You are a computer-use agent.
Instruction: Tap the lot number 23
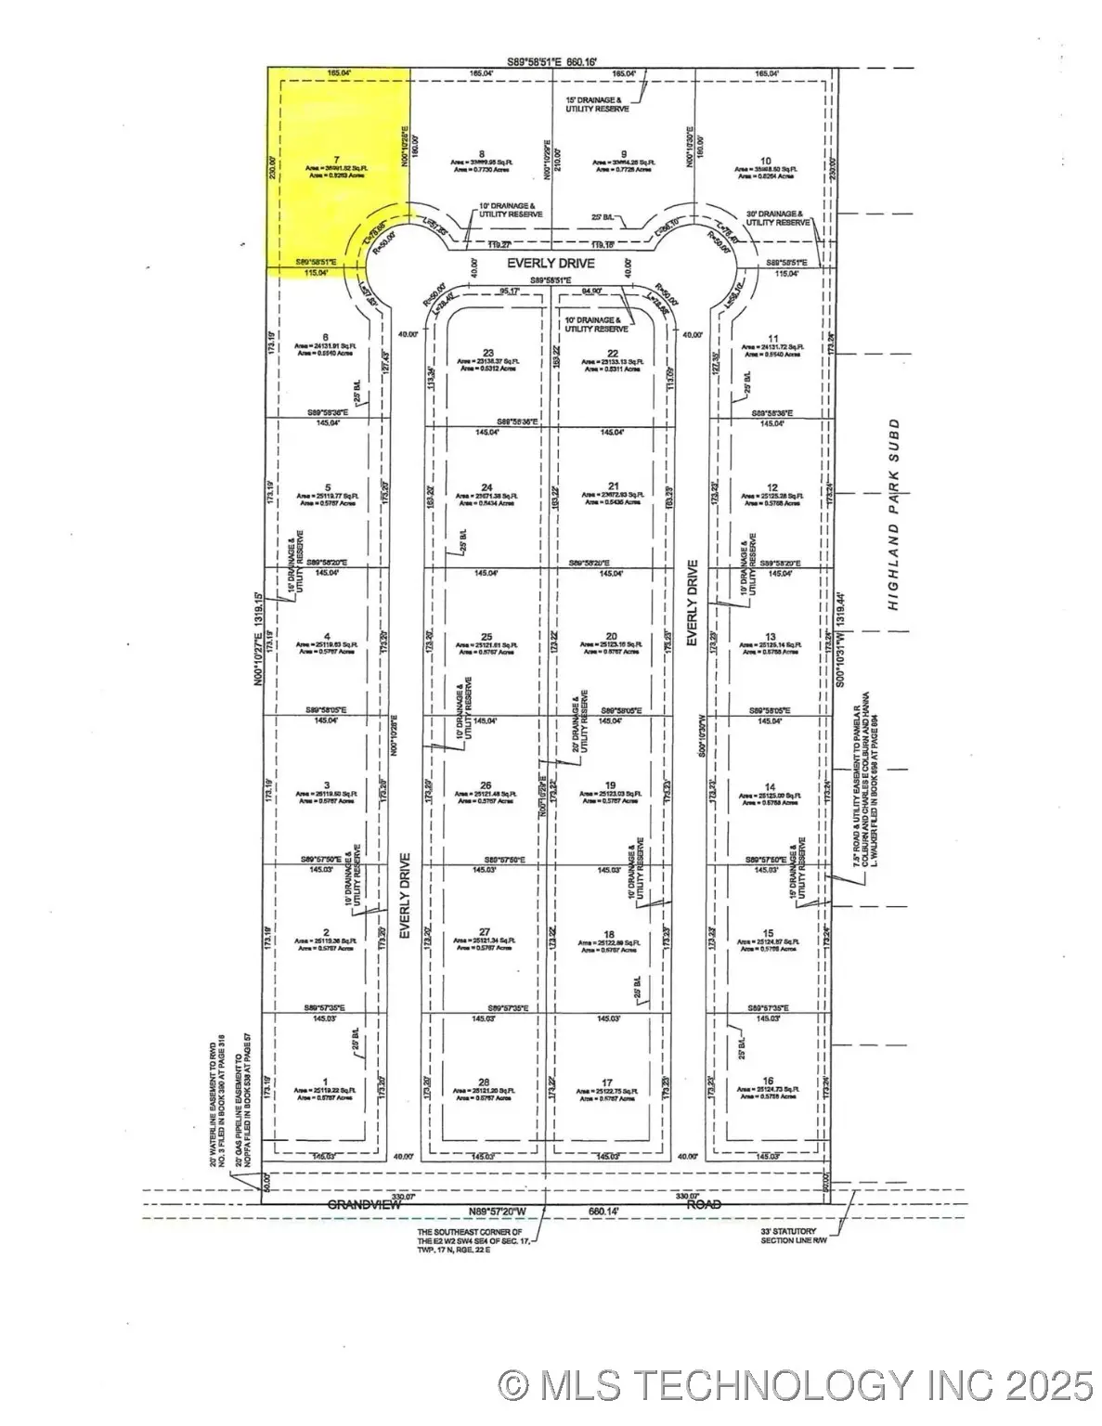[487, 352]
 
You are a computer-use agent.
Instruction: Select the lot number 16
[769, 1080]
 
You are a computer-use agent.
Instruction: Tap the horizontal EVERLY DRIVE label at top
[551, 264]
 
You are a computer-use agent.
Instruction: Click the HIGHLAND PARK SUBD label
[893, 513]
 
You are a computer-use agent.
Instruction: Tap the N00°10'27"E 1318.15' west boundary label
[258, 627]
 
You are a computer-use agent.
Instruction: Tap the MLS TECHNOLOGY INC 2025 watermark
[795, 1385]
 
